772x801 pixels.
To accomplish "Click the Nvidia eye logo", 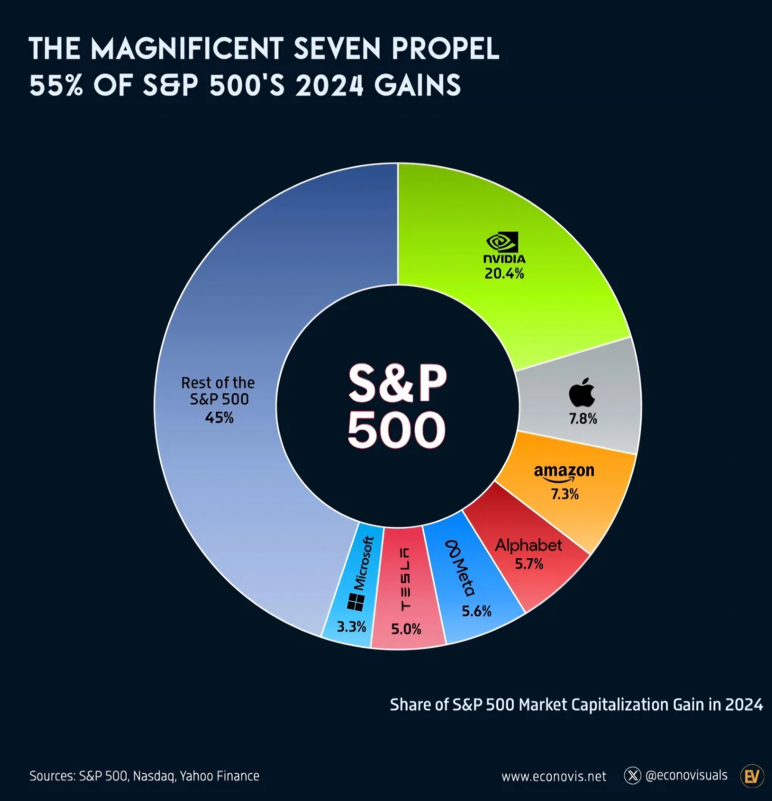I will (x=502, y=242).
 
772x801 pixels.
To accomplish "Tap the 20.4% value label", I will (x=504, y=273).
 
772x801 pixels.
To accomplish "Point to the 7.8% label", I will (x=583, y=419).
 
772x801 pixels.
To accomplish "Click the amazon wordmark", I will (x=564, y=471).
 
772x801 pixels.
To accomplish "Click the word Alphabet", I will (x=528, y=546).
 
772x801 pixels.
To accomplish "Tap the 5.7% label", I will (x=529, y=564).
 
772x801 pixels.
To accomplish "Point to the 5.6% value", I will (x=476, y=611).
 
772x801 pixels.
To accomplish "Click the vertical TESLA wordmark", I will (x=405, y=579).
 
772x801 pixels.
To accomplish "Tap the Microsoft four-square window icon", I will (x=355, y=602).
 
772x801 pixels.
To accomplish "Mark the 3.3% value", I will (x=351, y=626).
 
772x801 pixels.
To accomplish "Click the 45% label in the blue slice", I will (x=219, y=418).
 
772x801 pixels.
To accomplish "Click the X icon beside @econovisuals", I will (x=633, y=776).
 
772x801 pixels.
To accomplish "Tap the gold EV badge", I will (x=752, y=775).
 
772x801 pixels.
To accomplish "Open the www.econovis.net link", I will (x=554, y=776).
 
